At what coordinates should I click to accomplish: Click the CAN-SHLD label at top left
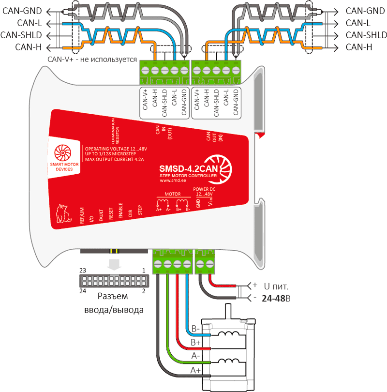tap(21, 35)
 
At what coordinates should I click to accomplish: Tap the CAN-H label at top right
tap(359, 47)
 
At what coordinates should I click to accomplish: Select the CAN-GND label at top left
tap(22, 10)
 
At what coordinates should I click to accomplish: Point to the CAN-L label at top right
tap(358, 23)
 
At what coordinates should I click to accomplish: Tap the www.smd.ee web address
tap(173, 181)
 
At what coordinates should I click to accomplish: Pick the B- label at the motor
tap(196, 329)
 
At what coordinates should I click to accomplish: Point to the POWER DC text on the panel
tap(203, 189)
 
